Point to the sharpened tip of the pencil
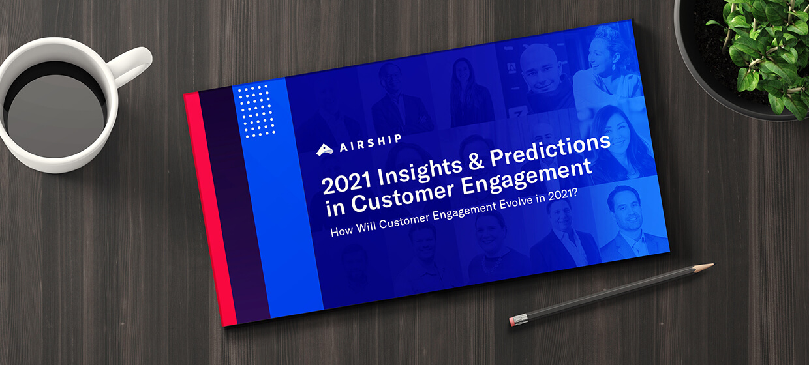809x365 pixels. pos(712,265)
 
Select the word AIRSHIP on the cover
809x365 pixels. pos(370,143)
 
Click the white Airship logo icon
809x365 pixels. pos(325,150)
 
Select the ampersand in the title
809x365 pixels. pos(476,162)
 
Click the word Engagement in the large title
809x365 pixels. pos(527,179)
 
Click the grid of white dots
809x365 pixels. pos(257,111)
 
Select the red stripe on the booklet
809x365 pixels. pos(210,209)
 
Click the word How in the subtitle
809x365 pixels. pos(342,231)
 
